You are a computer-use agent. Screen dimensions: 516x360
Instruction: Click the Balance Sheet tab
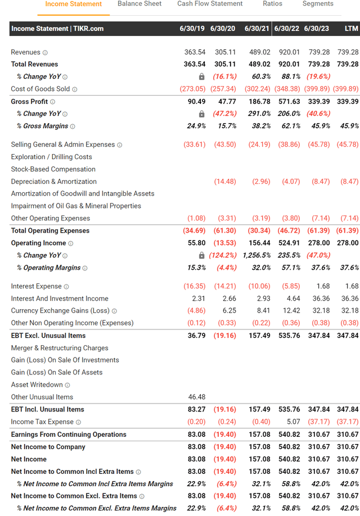(x=139, y=4)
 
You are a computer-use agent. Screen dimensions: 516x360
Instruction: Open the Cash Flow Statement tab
(x=210, y=4)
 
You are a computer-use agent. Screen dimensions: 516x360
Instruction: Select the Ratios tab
(x=272, y=4)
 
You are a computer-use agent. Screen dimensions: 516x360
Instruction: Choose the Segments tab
(x=318, y=4)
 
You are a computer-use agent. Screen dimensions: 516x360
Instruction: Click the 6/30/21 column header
(x=256, y=29)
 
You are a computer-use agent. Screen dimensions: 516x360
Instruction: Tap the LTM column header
(x=351, y=29)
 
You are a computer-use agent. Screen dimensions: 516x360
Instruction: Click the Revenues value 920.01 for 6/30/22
(x=287, y=52)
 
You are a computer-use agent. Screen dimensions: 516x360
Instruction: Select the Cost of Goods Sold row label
(x=40, y=89)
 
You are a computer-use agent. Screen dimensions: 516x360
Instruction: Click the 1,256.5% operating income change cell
(x=256, y=255)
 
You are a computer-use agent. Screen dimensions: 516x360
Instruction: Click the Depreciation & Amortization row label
(x=53, y=182)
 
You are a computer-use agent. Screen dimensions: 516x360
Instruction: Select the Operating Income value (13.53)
(x=224, y=243)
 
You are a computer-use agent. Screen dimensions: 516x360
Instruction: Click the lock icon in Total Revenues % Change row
(x=202, y=77)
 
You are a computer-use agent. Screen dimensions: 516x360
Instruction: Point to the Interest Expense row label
(x=37, y=287)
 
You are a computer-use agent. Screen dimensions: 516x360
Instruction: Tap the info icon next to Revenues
(x=45, y=53)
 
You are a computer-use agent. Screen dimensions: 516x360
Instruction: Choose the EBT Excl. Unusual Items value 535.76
(x=287, y=336)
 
